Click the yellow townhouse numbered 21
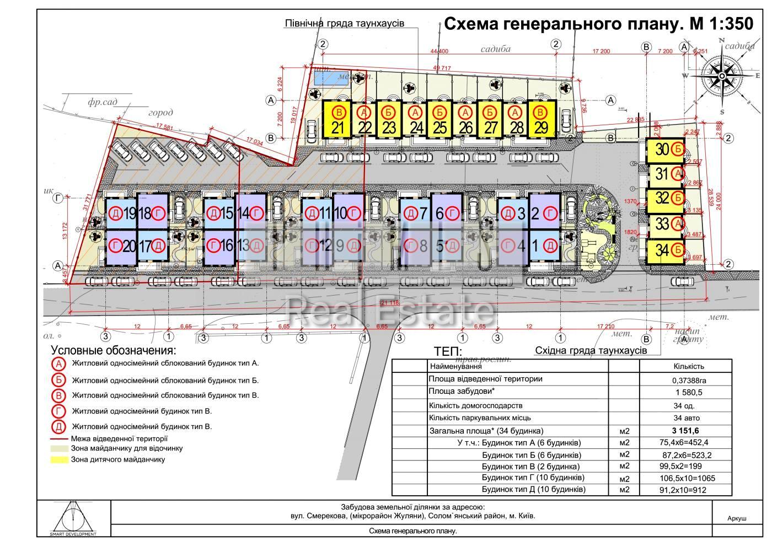(337, 119)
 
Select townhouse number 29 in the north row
(543, 119)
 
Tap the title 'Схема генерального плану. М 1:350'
(598, 24)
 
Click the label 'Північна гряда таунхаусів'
(345, 24)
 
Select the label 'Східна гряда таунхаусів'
(591, 350)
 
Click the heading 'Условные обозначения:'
(114, 350)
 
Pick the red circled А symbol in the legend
(59, 364)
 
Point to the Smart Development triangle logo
(73, 517)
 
